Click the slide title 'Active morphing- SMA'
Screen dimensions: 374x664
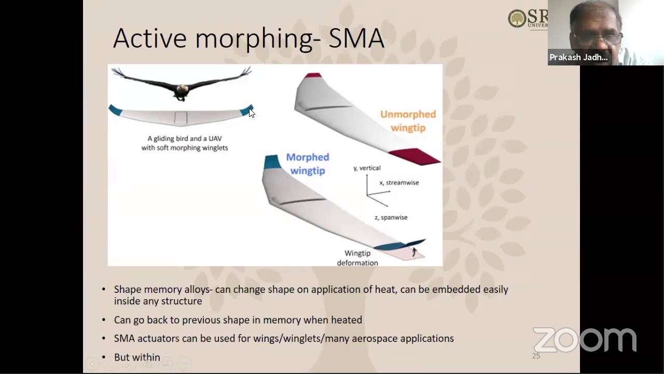[x=248, y=38]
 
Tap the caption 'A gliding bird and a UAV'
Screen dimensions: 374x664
[x=185, y=139]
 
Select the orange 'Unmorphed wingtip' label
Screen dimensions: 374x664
[x=408, y=121]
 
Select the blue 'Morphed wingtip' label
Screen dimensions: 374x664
[x=308, y=164]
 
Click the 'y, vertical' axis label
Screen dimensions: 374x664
[x=367, y=168]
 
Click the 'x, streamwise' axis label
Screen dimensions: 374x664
[x=399, y=183]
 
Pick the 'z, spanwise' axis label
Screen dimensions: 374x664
[x=391, y=218]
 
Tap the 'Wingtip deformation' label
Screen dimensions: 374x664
[x=357, y=258]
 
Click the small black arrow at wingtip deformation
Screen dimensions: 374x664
[x=414, y=252]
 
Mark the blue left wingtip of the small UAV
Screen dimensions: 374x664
[x=115, y=110]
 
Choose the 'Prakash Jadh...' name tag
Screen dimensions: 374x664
[x=578, y=57]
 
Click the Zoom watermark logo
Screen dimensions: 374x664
[x=585, y=340]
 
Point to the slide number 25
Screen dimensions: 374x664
[x=536, y=356]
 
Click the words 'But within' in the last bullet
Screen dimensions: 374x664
[x=137, y=357]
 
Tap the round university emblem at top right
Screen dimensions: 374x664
[x=517, y=19]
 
